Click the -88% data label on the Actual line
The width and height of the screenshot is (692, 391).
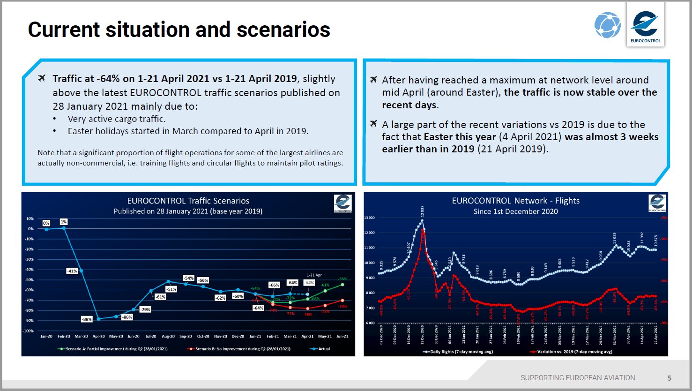(87, 319)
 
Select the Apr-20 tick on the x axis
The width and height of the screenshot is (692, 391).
(98, 336)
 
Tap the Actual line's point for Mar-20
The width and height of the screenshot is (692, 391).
(81, 271)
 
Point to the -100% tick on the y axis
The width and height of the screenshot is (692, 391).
(29, 331)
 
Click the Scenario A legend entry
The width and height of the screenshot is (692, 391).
(112, 349)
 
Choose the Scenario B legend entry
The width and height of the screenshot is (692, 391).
(239, 349)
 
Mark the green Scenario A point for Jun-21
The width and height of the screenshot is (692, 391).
(342, 285)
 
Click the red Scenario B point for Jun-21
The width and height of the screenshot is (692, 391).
(342, 301)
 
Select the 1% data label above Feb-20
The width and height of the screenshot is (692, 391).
(64, 222)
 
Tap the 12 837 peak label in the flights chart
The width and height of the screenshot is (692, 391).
(422, 211)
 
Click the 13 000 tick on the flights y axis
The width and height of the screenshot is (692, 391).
(369, 218)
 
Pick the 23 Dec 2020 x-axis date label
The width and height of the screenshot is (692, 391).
(422, 334)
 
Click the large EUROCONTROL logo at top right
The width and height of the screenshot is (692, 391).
(645, 26)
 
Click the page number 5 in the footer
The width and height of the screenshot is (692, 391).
(669, 378)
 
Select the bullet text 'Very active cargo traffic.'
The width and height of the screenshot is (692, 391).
(117, 119)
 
